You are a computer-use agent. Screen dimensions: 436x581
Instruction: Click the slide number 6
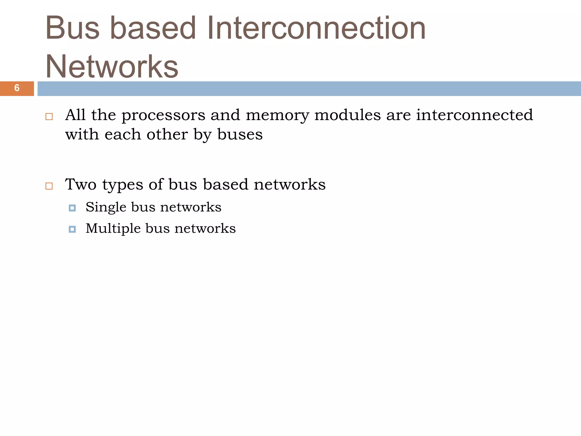[17, 88]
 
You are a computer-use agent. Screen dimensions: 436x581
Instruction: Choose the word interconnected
[474, 115]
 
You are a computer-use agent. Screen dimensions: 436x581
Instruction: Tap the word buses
[240, 134]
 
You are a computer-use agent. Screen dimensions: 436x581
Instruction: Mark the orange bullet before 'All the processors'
[49, 117]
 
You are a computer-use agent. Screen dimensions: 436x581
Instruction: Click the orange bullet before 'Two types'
[49, 186]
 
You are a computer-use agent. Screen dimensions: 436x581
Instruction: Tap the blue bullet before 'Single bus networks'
[72, 208]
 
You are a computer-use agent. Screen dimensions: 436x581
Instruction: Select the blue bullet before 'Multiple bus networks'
[72, 229]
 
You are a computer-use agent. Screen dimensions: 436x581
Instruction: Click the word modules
[348, 115]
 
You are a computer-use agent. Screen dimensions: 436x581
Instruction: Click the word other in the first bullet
[167, 134]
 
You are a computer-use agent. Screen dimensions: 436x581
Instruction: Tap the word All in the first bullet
[75, 115]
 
